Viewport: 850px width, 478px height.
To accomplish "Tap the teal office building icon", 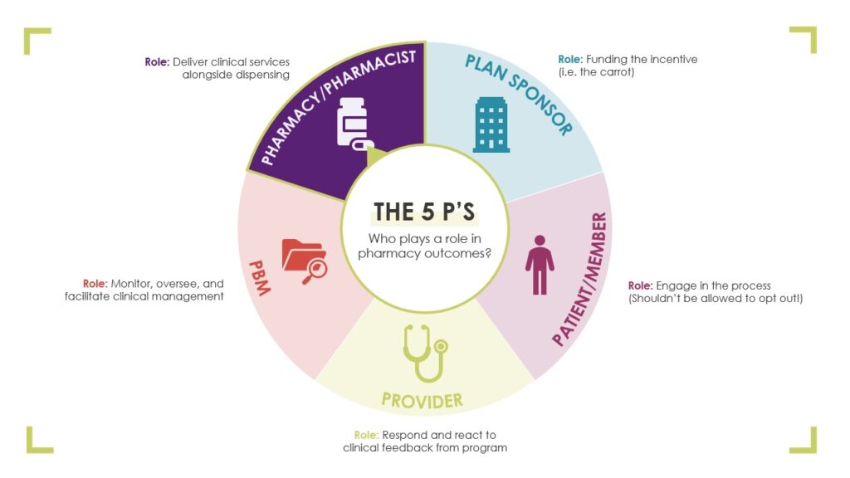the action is coord(491,124).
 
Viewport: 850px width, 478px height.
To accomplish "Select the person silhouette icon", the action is coord(540,265).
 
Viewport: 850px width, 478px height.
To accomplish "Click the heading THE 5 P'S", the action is coord(424,212).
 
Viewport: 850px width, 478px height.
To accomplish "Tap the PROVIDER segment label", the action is coord(423,401).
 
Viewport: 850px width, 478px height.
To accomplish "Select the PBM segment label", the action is coord(260,278).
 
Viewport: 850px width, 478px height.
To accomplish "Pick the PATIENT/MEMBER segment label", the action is coord(580,279).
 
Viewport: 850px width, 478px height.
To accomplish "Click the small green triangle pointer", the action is coord(376,157).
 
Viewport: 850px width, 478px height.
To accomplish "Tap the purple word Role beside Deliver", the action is coord(157,61).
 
